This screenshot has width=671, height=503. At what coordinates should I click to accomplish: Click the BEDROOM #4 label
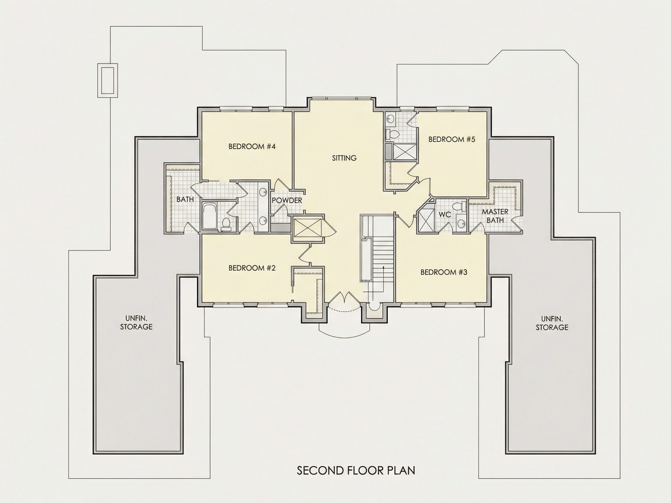(252, 147)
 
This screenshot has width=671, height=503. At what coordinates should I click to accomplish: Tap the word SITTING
(344, 158)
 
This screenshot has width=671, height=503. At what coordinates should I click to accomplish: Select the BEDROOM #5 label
(452, 139)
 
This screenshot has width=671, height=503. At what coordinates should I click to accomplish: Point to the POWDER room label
(287, 200)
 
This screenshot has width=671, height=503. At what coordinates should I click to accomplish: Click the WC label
(445, 214)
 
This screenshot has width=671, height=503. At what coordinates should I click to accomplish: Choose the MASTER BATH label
(495, 216)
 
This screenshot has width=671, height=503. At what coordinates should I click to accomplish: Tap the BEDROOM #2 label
(252, 268)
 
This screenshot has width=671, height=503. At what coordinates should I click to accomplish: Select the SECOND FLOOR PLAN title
(356, 470)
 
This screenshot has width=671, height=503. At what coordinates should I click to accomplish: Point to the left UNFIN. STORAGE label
(136, 323)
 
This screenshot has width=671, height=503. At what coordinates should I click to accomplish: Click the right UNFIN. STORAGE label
(552, 323)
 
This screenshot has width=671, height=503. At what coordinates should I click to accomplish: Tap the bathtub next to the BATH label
(209, 216)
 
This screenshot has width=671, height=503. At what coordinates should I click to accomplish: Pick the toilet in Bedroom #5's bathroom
(392, 134)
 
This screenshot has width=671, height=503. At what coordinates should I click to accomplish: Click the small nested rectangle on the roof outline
(108, 81)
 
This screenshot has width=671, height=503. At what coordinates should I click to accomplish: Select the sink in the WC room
(461, 224)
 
